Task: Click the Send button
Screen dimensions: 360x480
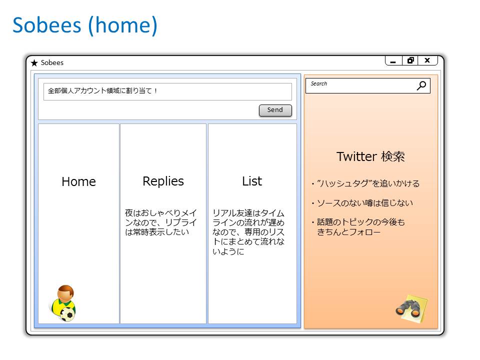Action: pyautogui.click(x=275, y=110)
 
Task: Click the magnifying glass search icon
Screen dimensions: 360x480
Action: pyautogui.click(x=421, y=85)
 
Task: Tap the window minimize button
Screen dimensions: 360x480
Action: pyautogui.click(x=393, y=61)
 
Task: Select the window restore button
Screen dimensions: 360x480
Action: pyautogui.click(x=410, y=60)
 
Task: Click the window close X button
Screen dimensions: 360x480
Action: pyautogui.click(x=427, y=60)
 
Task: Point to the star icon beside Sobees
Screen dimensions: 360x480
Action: pyautogui.click(x=34, y=63)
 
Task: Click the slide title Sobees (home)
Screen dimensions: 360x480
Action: pyautogui.click(x=84, y=25)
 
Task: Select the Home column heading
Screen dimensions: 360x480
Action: pyautogui.click(x=78, y=182)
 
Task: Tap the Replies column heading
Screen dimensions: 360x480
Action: pyautogui.click(x=163, y=181)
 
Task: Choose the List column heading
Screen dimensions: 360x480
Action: pyautogui.click(x=251, y=181)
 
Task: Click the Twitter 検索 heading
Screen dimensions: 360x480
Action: pyautogui.click(x=370, y=156)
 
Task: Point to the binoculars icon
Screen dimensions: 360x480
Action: pyautogui.click(x=410, y=308)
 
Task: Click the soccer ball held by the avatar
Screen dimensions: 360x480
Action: pyautogui.click(x=67, y=314)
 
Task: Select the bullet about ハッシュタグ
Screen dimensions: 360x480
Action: pyautogui.click(x=365, y=184)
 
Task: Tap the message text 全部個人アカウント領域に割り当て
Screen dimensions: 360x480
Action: pyautogui.click(x=102, y=91)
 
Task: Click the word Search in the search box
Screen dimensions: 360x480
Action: pyautogui.click(x=319, y=83)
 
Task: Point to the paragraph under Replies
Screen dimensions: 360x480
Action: pyautogui.click(x=161, y=222)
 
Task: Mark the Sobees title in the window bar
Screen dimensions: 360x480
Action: pyautogui.click(x=52, y=63)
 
